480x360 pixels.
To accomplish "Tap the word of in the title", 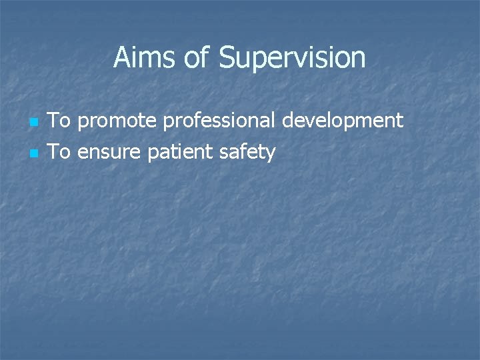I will (197, 58).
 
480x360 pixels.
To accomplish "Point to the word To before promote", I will (61, 121).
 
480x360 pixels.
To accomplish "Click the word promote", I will (117, 121).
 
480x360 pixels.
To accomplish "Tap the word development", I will (343, 121).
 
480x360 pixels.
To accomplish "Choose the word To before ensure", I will (61, 152).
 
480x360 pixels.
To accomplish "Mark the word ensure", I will (109, 153).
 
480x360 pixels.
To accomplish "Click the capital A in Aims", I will (121, 58).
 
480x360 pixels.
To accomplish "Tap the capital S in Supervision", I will (228, 58).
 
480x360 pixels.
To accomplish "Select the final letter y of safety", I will (270, 155).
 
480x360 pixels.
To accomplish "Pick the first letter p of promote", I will (83, 123).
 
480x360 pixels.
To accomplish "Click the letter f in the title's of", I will (205, 57).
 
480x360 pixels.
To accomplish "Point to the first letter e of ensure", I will (82, 153).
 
